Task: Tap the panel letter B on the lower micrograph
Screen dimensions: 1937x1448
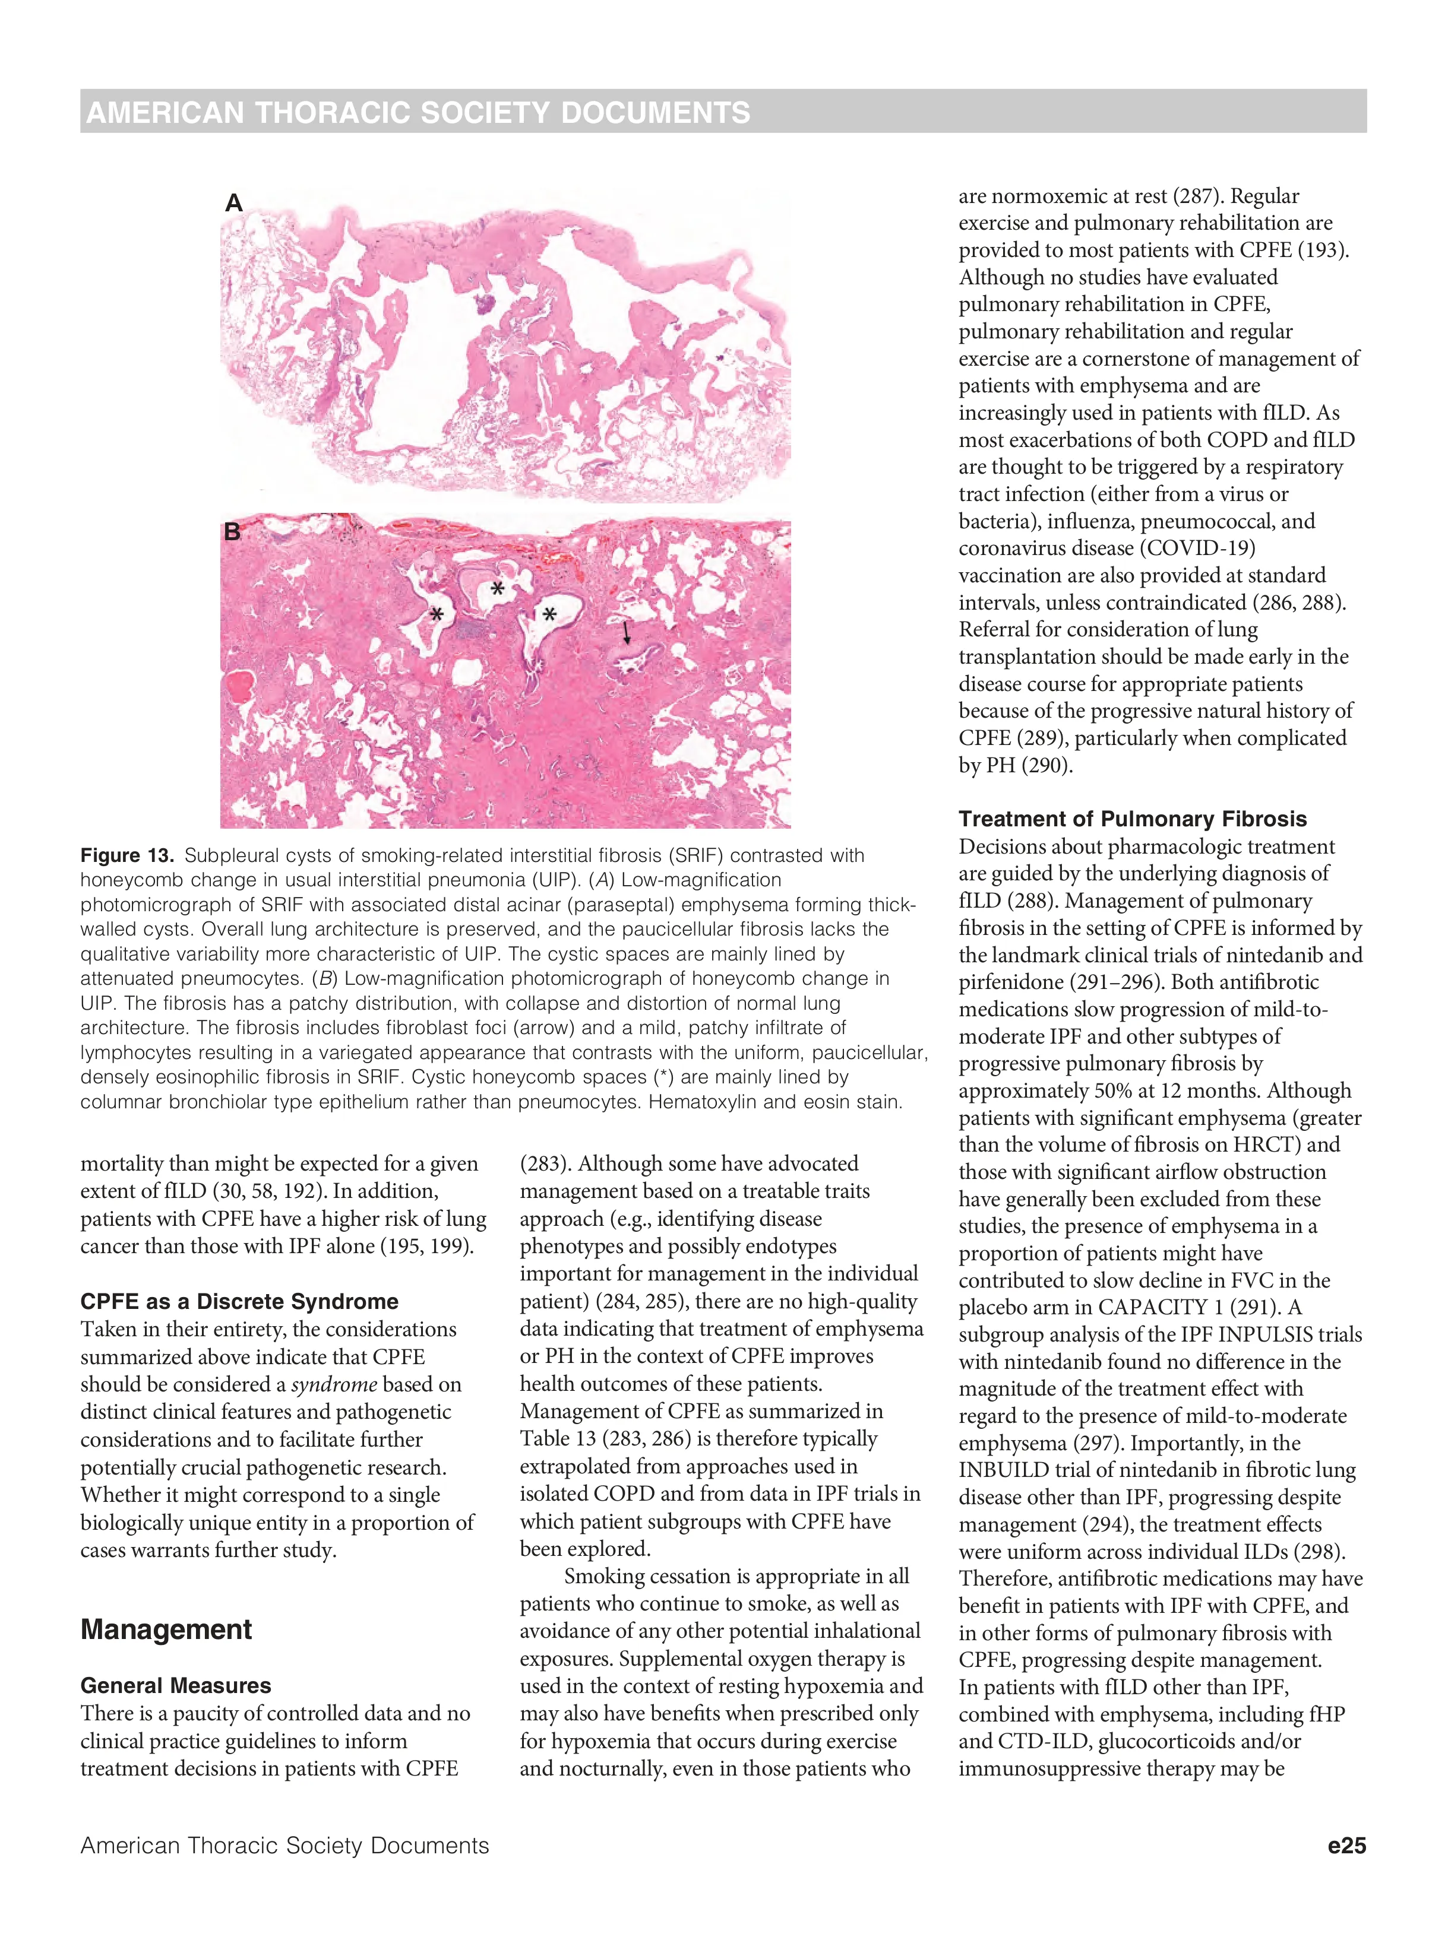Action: tap(232, 531)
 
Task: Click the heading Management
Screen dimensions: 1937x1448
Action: tap(166, 1630)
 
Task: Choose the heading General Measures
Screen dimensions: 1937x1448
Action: tap(175, 1686)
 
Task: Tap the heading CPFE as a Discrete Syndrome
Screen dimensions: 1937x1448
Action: tap(239, 1301)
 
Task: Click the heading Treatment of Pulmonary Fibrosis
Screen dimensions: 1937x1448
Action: tap(1132, 819)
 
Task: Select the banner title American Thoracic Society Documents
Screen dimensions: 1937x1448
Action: tap(418, 113)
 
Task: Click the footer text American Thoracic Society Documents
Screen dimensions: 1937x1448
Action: tap(284, 1845)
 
